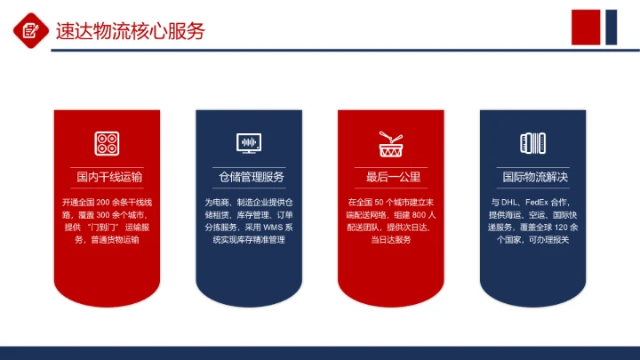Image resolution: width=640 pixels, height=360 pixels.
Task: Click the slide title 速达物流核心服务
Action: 130,31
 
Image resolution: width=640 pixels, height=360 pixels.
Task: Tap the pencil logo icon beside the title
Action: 31,31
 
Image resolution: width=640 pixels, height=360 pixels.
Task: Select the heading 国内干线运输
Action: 107,177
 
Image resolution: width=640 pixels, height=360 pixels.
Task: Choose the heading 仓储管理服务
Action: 249,177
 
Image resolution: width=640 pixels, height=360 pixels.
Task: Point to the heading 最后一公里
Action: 391,177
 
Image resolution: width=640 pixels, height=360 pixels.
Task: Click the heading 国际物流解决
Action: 533,177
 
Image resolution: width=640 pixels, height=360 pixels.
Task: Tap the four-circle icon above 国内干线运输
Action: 107,142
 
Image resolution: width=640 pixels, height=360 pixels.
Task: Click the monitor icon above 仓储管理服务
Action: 249,142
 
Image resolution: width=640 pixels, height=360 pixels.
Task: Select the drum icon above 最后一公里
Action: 391,142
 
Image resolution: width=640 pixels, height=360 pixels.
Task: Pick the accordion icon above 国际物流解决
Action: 533,142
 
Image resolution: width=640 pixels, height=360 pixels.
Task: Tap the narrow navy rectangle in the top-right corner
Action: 612,27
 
